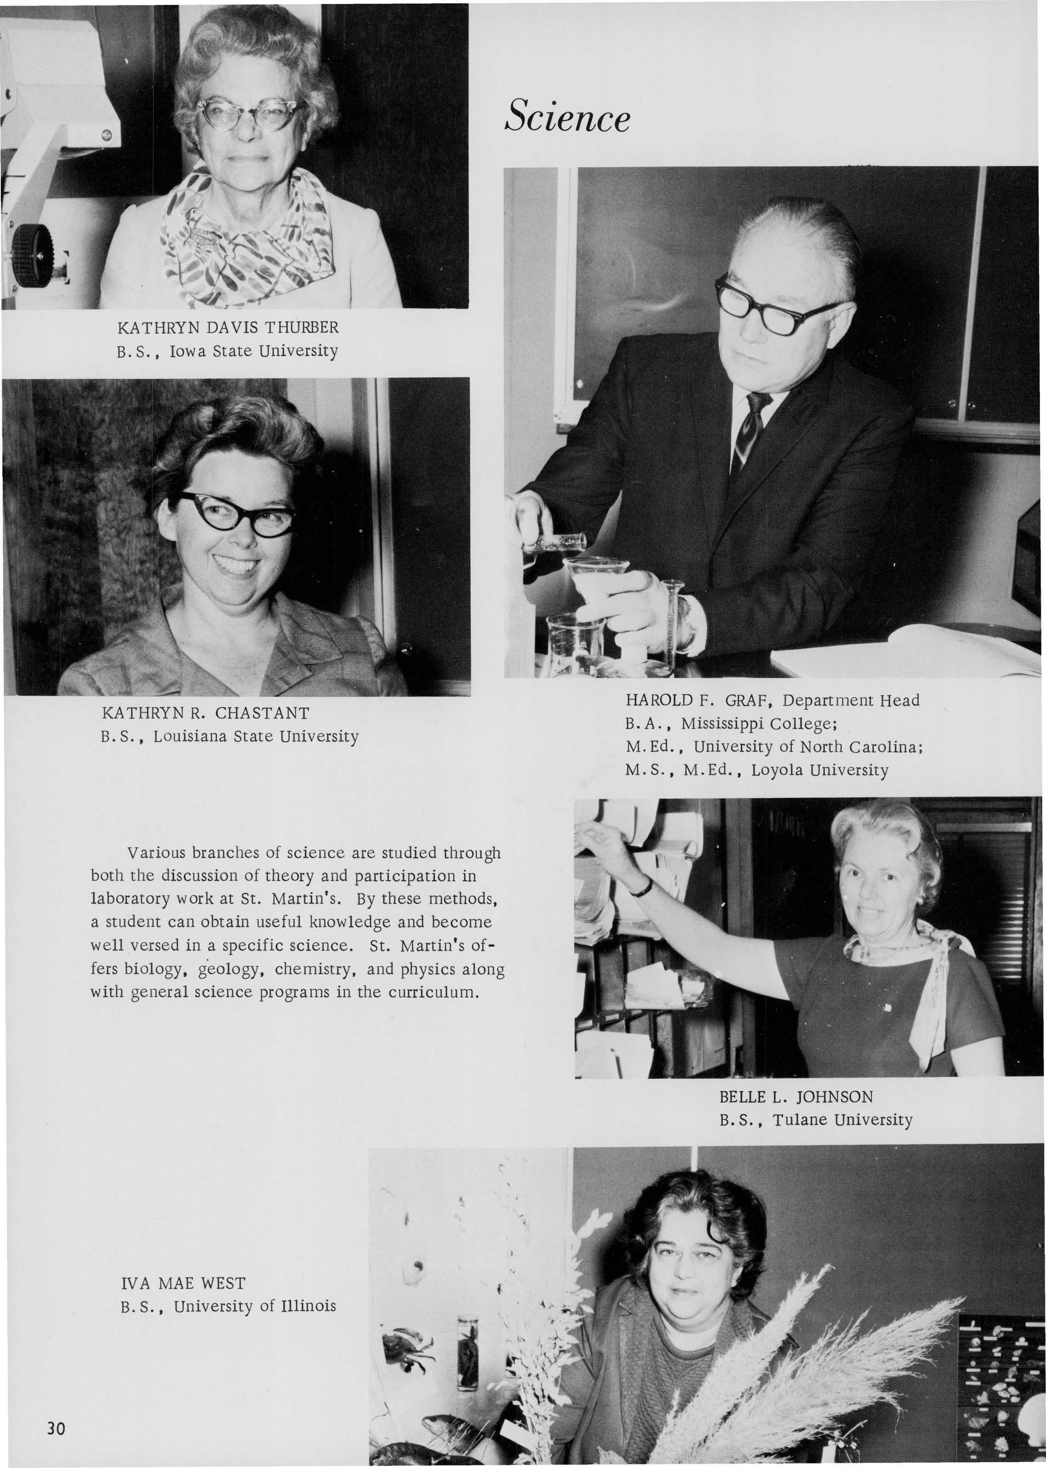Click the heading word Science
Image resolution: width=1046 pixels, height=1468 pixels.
coord(567,117)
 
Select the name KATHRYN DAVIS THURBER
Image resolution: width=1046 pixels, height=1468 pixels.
coord(228,327)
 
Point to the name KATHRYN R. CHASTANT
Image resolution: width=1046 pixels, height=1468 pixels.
coord(205,713)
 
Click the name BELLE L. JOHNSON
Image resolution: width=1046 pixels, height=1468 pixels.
coord(796,1096)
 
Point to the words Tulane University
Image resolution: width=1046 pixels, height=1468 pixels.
coord(842,1120)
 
